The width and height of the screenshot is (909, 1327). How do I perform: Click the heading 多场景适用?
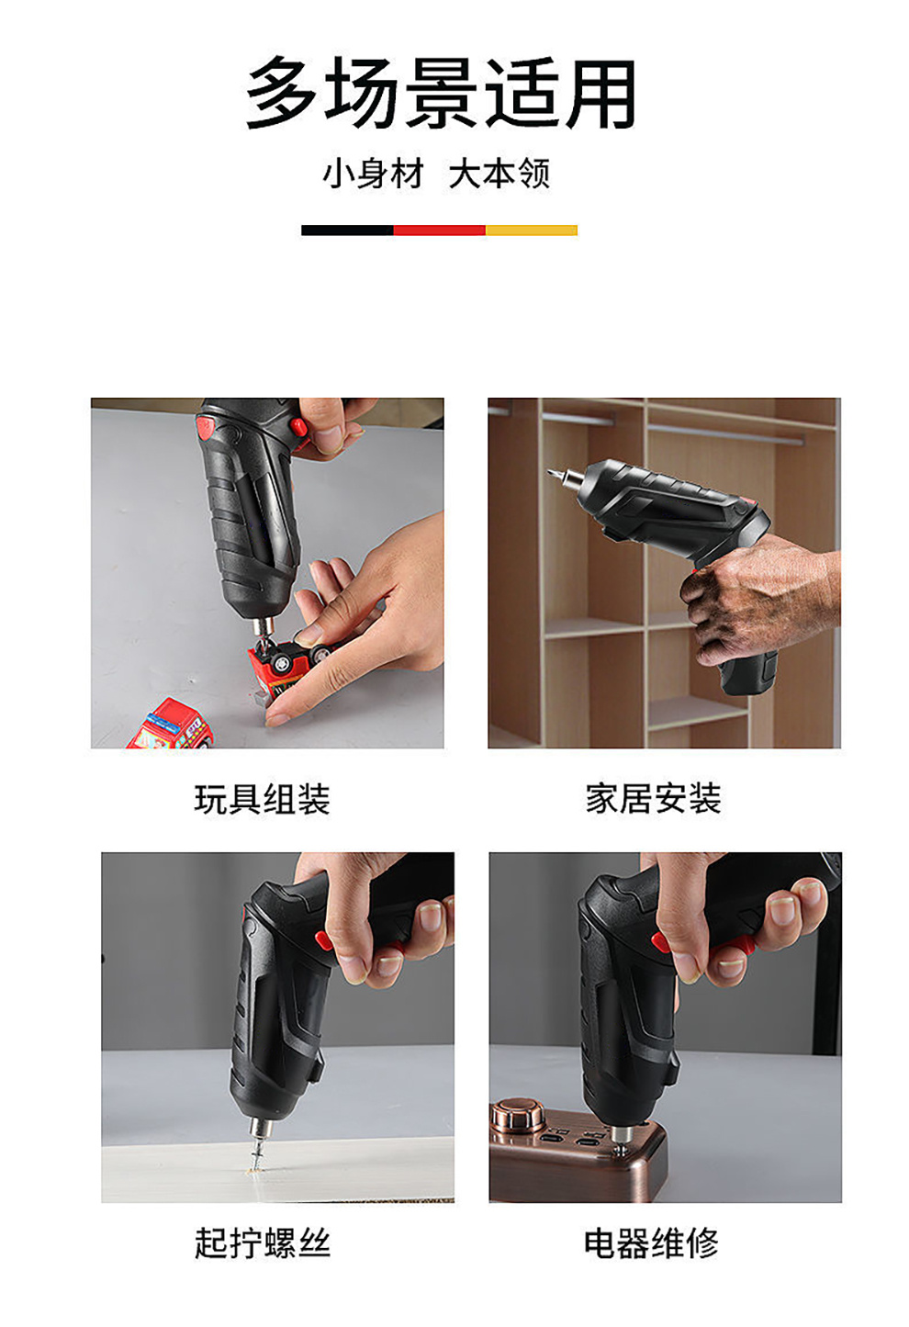441,94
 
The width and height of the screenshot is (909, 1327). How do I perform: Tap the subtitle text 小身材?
373,174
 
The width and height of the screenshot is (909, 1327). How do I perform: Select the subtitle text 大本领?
499,174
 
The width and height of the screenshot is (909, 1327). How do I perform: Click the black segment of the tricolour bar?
347,231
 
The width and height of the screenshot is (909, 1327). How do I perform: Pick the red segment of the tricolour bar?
440,231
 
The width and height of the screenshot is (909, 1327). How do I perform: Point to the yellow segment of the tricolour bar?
532,231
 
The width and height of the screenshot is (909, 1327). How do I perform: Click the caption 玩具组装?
262,799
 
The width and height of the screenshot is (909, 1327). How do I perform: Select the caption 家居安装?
654,799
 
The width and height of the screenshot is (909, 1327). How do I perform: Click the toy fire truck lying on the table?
171,725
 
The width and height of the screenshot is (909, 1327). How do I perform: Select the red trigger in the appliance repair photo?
660,940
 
